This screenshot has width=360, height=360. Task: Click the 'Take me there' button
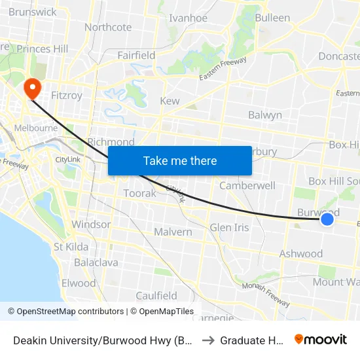point(180,160)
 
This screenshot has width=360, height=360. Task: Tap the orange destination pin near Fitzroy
point(31,88)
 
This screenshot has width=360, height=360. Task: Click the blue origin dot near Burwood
point(327,220)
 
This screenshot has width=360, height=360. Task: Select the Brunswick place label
point(33,12)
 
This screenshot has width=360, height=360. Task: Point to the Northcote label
point(108,27)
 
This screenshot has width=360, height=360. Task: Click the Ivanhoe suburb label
point(188,18)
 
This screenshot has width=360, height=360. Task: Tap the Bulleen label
point(272,18)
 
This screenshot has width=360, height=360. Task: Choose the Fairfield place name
point(136,56)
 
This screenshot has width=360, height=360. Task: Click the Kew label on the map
point(170,101)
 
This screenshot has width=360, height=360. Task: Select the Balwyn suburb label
point(265,115)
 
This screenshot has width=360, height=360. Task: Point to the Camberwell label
point(247,185)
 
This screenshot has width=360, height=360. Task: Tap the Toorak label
point(140,193)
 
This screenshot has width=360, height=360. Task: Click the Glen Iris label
point(229,227)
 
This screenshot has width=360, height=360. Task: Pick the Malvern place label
point(173,232)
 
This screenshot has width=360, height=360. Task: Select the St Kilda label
point(71,247)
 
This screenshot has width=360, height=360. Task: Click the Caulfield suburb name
point(156,295)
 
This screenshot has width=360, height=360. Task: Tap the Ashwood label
point(301,253)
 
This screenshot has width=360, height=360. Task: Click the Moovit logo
point(321,339)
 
